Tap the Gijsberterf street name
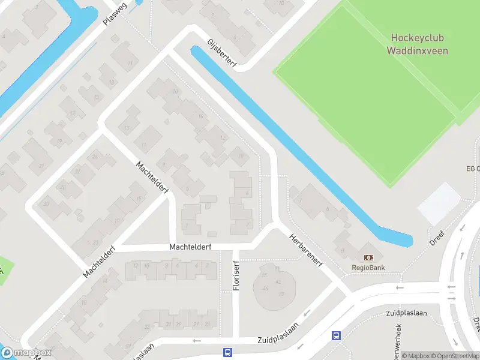point(222,53)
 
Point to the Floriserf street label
point(236,275)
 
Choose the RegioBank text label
point(368,268)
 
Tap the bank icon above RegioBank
point(368,257)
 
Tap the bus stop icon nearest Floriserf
point(227,352)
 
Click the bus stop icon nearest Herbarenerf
point(337,337)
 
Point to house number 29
point(178,325)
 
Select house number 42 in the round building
point(277,281)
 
